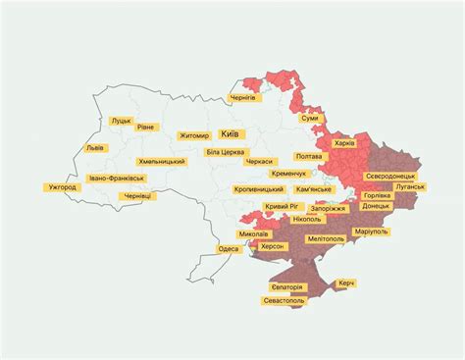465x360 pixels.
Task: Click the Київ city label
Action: (x=232, y=133)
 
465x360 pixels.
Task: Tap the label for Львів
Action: (x=95, y=147)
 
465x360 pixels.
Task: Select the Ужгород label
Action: (x=61, y=186)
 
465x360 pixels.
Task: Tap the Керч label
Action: (x=346, y=283)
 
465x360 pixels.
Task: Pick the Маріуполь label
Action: (x=371, y=231)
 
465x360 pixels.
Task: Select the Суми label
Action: (x=310, y=118)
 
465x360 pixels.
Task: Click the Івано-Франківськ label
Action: (x=117, y=179)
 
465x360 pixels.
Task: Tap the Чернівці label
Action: (x=134, y=196)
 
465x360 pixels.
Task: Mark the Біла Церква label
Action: (x=226, y=152)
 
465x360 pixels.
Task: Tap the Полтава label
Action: (x=308, y=156)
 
